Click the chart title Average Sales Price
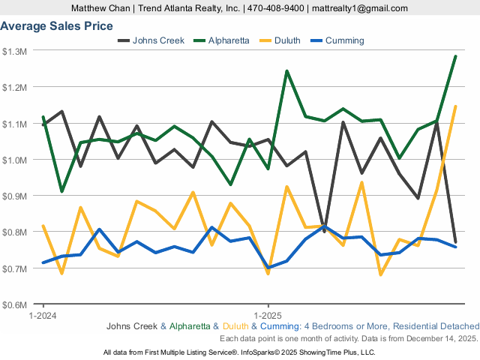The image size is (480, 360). click(57, 26)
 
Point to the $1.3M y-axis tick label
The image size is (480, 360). click(15, 51)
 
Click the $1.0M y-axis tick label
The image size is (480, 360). click(15, 160)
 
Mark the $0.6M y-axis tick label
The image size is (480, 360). click(15, 304)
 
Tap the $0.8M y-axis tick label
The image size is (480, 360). click(15, 232)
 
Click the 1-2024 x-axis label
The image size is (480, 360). click(43, 316)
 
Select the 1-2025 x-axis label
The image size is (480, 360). click(268, 316)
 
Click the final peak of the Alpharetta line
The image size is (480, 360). click(455, 56)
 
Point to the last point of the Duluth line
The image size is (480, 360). click(455, 106)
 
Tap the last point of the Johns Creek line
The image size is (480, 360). click(455, 241)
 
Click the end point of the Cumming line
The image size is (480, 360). click(455, 247)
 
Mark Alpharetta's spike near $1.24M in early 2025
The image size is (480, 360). click(286, 71)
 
